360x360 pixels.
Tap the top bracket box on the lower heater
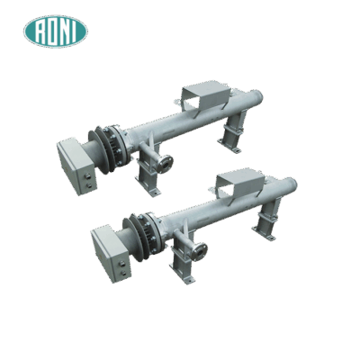point(238,179)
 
